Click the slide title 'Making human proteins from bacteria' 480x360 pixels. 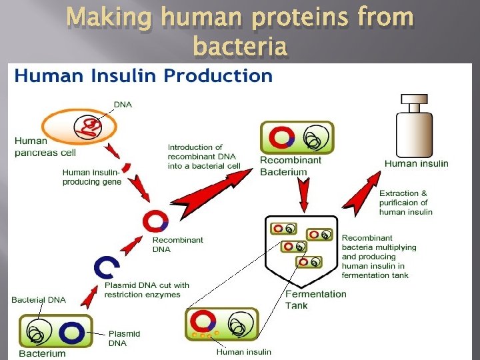[240, 31]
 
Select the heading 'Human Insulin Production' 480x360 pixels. [144, 75]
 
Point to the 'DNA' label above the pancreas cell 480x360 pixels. [123, 104]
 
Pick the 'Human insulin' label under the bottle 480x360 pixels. [416, 163]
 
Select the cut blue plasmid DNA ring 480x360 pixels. [107, 267]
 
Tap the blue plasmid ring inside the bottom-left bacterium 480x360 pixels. [73, 332]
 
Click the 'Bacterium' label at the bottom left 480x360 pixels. [42, 353]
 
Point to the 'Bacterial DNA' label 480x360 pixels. [39, 299]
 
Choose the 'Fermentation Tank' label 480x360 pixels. [316, 299]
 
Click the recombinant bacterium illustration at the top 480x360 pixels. [296, 137]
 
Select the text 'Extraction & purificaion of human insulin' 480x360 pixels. [405, 203]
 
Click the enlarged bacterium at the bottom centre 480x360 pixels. [222, 325]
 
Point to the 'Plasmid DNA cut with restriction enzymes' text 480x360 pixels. [147, 290]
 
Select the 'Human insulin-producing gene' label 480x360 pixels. [92, 177]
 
